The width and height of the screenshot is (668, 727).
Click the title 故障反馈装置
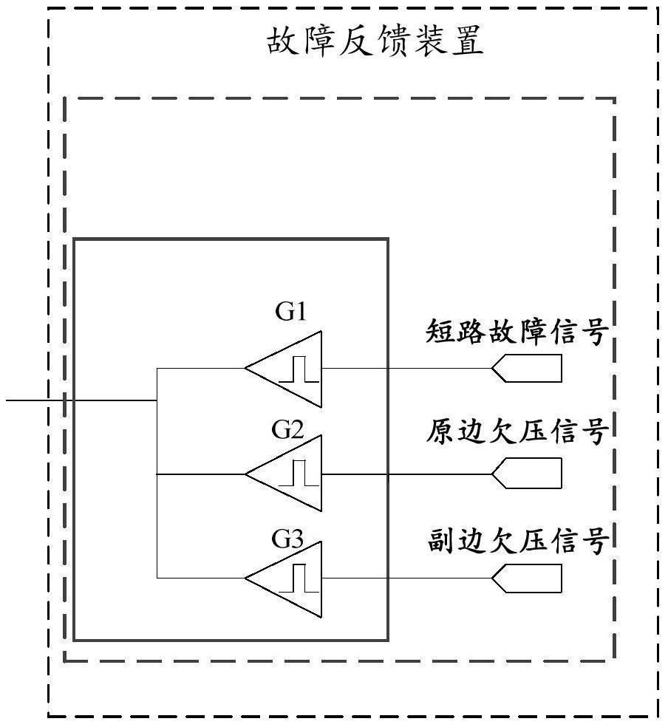pos(375,43)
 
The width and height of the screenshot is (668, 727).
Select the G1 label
pos(291,313)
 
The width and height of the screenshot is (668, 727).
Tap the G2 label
pos(287,430)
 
